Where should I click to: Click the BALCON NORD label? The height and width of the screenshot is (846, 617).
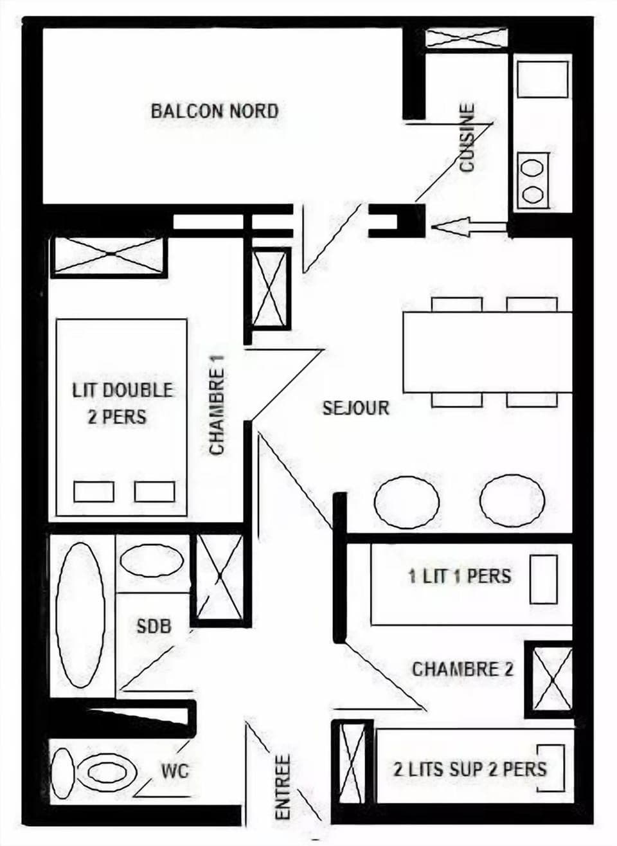tap(215, 111)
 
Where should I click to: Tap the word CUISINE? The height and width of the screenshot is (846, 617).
tap(468, 138)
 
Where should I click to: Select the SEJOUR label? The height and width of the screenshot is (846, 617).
tap(356, 408)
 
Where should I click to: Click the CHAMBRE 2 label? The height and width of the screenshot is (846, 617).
tap(463, 669)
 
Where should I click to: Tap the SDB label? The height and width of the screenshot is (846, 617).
tap(154, 625)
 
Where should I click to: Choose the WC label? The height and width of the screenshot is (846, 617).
tap(175, 770)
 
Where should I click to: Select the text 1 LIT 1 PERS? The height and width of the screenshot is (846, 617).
tap(460, 575)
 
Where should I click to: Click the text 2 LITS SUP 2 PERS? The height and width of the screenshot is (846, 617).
tap(470, 769)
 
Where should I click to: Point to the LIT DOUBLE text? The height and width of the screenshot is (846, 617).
tap(122, 390)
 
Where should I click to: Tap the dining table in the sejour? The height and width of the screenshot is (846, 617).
tap(487, 352)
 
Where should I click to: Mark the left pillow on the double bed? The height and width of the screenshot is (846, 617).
tap(94, 491)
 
